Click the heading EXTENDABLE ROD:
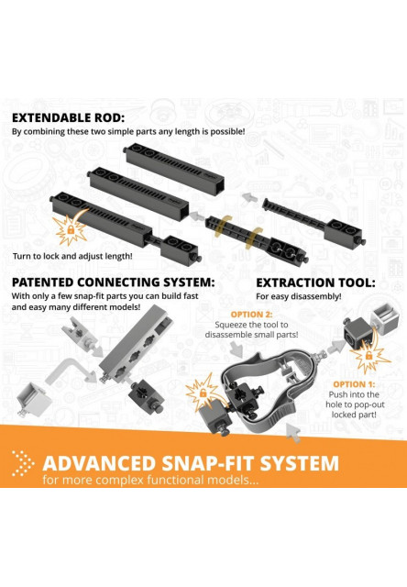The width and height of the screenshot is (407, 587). [x=68, y=118]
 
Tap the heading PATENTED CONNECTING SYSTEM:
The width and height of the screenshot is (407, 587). [x=114, y=282]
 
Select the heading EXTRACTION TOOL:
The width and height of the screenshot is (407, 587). [x=315, y=282]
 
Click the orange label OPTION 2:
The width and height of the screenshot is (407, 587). [x=251, y=315]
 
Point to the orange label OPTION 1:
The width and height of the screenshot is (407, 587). [x=354, y=384]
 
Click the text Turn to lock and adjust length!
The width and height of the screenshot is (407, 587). [x=72, y=257]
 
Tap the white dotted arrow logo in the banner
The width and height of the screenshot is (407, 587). [x=22, y=463]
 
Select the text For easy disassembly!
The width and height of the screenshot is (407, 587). [x=299, y=296]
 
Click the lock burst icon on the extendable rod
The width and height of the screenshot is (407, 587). [x=70, y=229]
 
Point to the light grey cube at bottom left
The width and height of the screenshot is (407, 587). [x=33, y=399]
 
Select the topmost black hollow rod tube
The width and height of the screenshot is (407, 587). [x=173, y=170]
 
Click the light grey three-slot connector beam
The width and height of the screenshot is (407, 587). [x=137, y=343]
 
